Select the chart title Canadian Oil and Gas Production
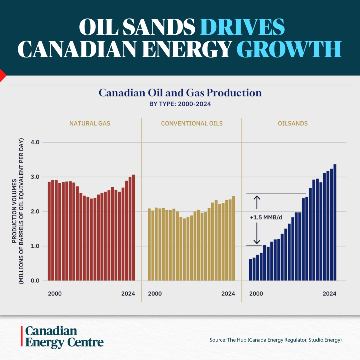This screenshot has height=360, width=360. [180, 93]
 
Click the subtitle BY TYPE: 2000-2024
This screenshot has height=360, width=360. [180, 104]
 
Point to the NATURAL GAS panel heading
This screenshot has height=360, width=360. [91, 123]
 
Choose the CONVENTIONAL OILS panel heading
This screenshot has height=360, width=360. [192, 123]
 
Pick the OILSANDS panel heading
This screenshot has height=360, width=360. [293, 123]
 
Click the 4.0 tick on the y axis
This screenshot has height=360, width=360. [35, 142]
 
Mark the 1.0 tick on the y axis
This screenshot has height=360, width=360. [35, 246]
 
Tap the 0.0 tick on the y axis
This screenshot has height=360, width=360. [35, 281]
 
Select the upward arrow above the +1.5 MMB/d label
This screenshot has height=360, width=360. [257, 202]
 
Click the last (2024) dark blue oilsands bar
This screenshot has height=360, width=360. [335, 222]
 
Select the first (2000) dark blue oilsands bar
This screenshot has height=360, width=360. [251, 270]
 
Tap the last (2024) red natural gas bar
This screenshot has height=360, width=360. [133, 227]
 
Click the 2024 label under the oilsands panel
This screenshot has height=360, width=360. [329, 294]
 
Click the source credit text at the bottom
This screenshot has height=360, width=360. [275, 340]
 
